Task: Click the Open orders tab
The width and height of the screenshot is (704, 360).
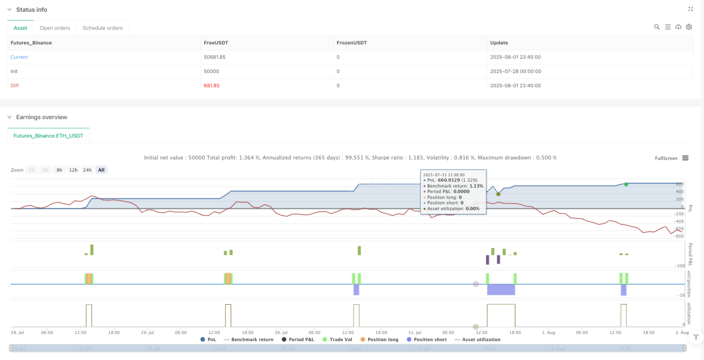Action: [55, 28]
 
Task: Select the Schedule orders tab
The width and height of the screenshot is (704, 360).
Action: [102, 28]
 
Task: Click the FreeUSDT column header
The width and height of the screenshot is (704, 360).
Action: [216, 43]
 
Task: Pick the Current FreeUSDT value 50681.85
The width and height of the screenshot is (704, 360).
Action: [214, 57]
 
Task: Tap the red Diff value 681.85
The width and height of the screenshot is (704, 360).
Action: [212, 86]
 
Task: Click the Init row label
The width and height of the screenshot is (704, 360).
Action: [14, 71]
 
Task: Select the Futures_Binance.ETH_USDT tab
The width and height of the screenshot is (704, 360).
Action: [48, 136]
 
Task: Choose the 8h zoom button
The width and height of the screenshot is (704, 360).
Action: [59, 170]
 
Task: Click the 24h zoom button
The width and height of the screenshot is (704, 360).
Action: [87, 170]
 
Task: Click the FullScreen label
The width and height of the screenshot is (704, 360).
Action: [666, 158]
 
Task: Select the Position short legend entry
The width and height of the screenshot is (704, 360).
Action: [427, 339]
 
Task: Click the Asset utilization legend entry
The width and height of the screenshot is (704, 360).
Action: [478, 339]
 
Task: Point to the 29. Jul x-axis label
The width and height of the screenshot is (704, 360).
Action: [147, 332]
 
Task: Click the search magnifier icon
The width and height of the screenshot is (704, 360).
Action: [657, 27]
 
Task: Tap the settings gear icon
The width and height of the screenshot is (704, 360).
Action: [689, 27]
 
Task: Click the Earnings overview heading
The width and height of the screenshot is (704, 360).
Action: [42, 117]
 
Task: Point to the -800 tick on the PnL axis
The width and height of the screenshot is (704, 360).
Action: [679, 236]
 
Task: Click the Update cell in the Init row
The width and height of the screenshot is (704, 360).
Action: [516, 71]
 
